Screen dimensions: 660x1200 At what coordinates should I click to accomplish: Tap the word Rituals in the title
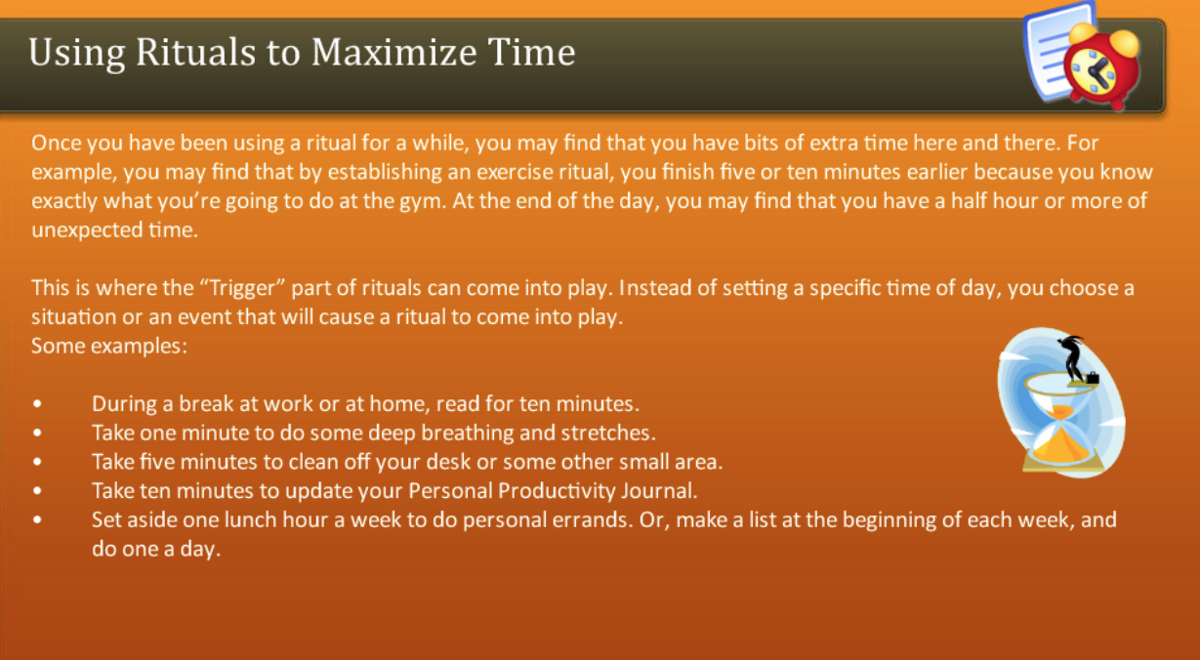point(174,52)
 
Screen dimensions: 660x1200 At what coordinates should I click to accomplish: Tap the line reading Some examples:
point(108,346)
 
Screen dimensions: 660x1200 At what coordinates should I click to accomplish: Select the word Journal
point(664,490)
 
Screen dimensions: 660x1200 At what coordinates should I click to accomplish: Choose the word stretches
point(607,432)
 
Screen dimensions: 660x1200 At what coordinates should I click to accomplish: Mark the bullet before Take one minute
point(37,433)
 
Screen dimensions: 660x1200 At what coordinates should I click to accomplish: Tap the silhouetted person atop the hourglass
point(1074,357)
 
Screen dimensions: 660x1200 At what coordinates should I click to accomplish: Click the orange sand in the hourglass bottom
point(1059,449)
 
